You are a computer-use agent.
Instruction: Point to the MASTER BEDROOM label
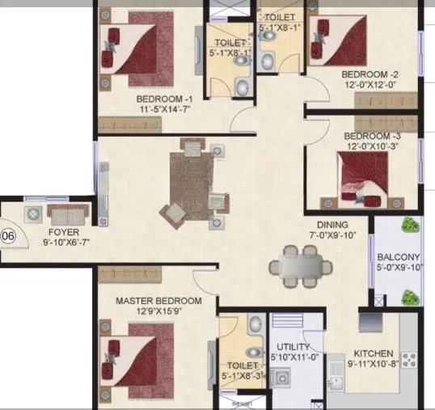click(x=158, y=301)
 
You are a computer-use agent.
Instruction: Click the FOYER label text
click(x=54, y=229)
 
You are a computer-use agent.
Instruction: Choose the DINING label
click(x=332, y=225)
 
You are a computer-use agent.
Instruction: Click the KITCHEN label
click(x=373, y=353)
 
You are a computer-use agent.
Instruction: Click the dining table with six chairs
click(x=300, y=264)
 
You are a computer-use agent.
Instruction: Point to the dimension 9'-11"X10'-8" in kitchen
click(x=373, y=365)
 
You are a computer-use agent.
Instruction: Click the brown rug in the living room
click(x=193, y=179)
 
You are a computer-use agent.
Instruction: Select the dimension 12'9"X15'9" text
click(x=158, y=313)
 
